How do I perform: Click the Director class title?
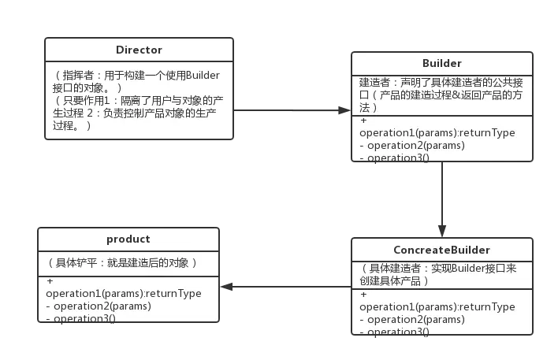139,50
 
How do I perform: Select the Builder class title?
441,64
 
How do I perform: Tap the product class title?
128,239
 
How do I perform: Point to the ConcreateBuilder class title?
441,250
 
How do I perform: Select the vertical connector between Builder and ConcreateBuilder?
445,197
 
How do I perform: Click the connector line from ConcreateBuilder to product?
288,286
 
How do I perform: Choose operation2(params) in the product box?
99,306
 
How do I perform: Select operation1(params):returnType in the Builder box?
437,132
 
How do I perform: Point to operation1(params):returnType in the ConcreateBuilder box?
437,306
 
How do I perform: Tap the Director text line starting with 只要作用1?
134,113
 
